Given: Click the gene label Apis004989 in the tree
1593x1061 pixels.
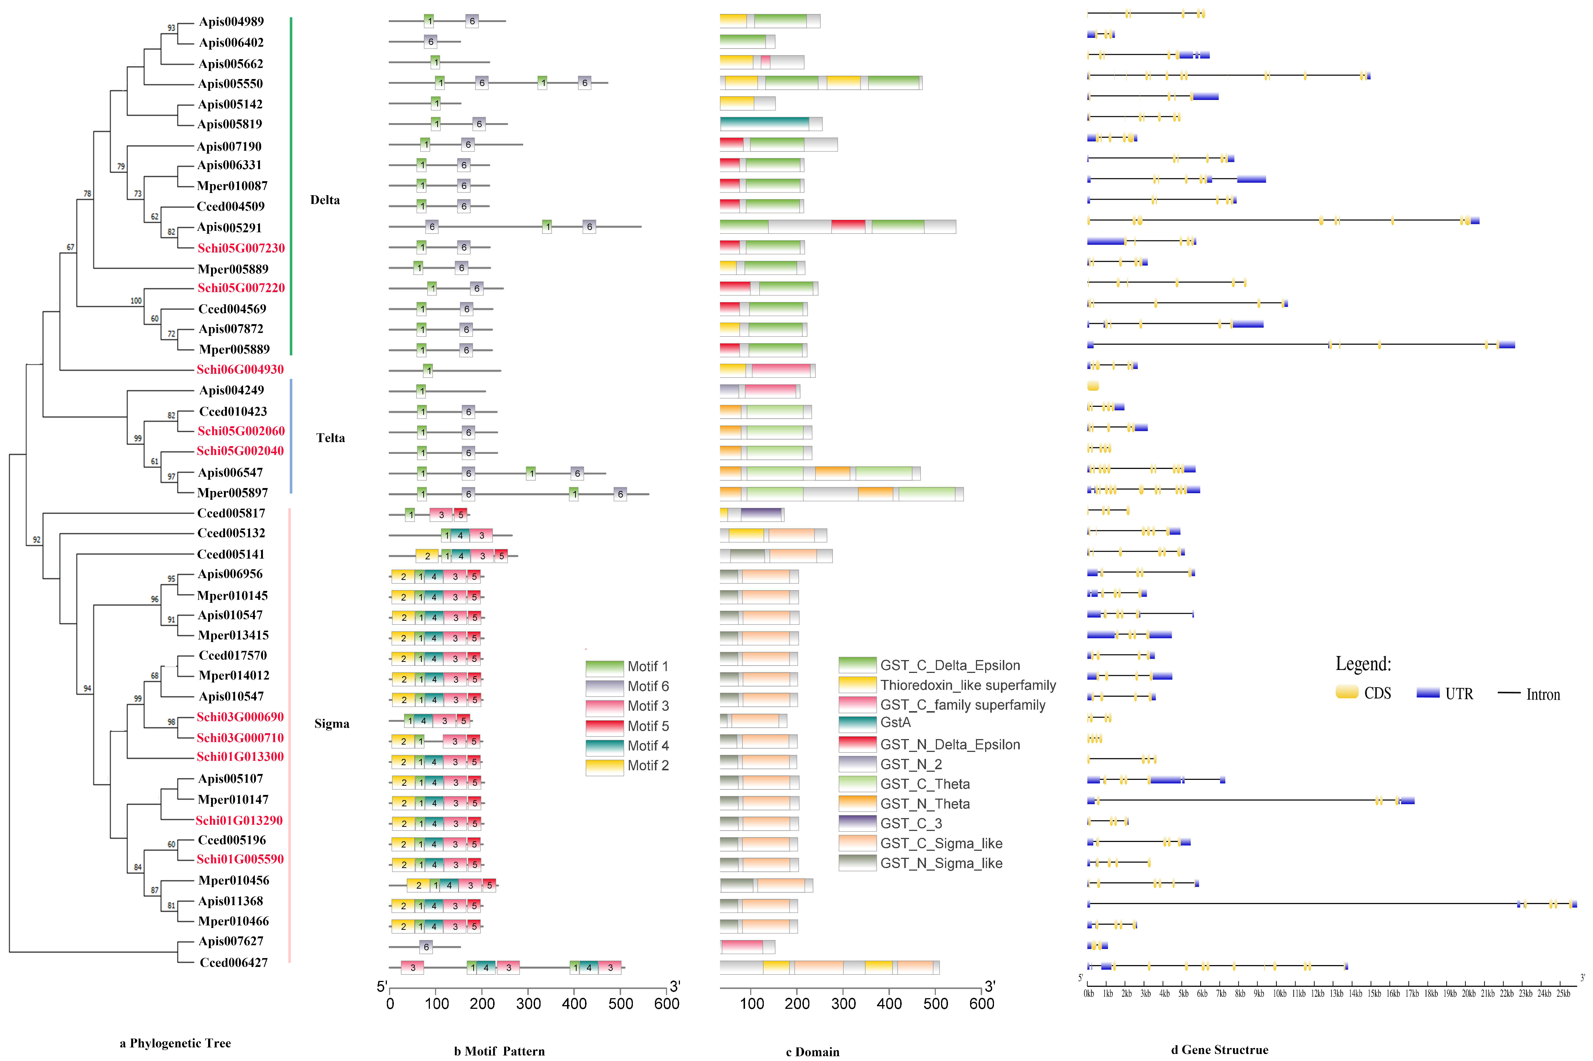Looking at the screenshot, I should point(231,22).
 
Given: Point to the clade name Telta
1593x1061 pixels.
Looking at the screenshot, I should point(330,438).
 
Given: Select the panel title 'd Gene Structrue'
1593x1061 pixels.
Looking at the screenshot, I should point(1219,1050).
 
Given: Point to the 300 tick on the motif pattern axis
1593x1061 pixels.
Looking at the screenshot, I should point(528,1003).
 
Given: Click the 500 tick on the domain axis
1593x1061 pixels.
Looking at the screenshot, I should point(936,1003).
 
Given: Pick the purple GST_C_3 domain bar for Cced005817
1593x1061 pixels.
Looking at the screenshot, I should point(760,514).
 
